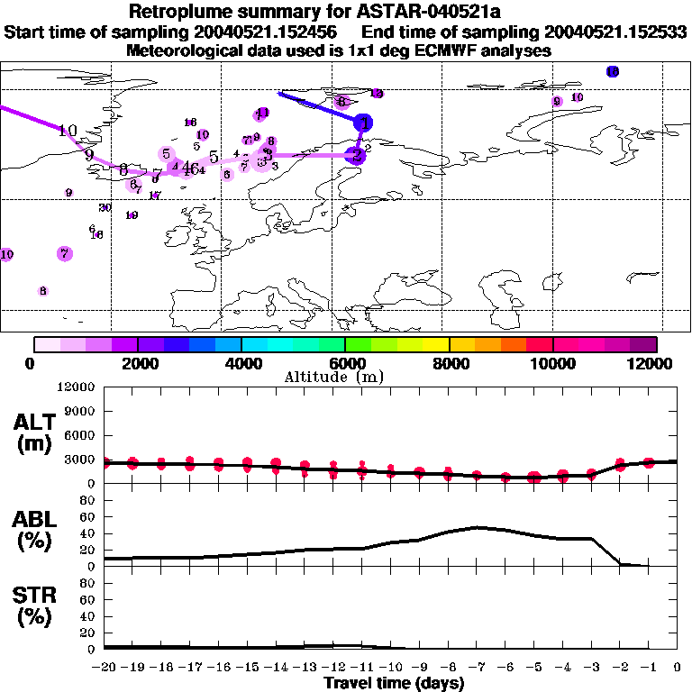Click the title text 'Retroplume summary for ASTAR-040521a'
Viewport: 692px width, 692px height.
coord(346,13)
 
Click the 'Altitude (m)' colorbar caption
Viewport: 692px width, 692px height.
coord(346,377)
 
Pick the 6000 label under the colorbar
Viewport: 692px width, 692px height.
coord(346,363)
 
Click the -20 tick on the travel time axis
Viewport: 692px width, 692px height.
coord(104,668)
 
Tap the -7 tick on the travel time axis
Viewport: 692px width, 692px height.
coord(477,668)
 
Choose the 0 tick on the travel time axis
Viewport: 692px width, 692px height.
coord(678,668)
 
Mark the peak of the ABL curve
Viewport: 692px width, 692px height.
coord(477,527)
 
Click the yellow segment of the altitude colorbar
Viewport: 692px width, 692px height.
coord(436,343)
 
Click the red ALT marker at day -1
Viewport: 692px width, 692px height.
coord(649,462)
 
